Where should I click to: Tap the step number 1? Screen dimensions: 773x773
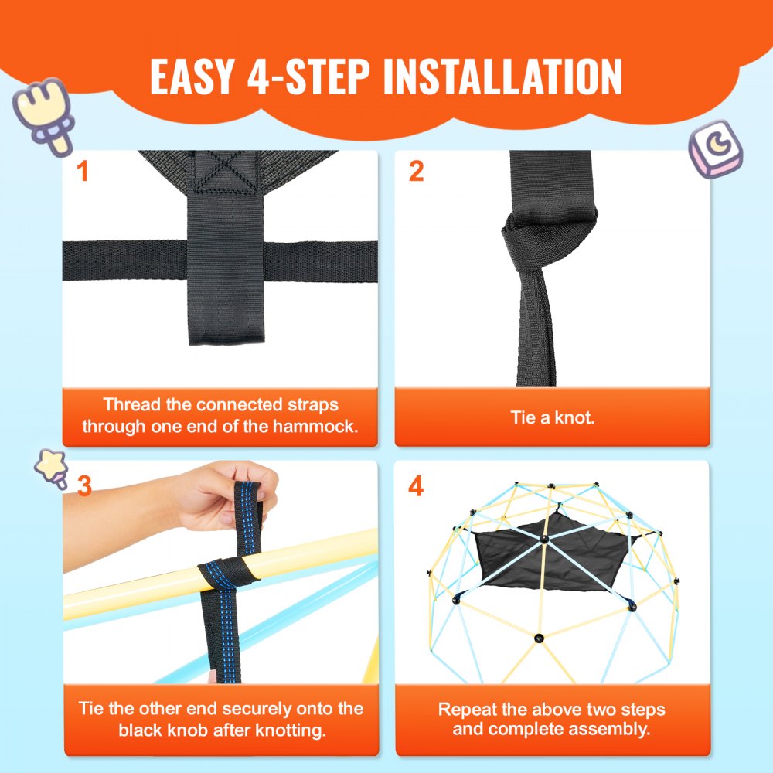pyautogui.click(x=83, y=171)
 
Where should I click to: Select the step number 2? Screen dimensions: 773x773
pyautogui.click(x=416, y=171)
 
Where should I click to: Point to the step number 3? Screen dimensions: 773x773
pyautogui.click(x=84, y=486)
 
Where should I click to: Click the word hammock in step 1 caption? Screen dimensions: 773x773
pyautogui.click(x=322, y=426)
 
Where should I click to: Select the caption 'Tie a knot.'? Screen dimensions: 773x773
pyautogui.click(x=552, y=417)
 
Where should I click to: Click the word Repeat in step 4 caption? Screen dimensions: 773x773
pyautogui.click(x=465, y=710)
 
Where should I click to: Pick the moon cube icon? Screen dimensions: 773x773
pyautogui.click(x=716, y=148)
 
